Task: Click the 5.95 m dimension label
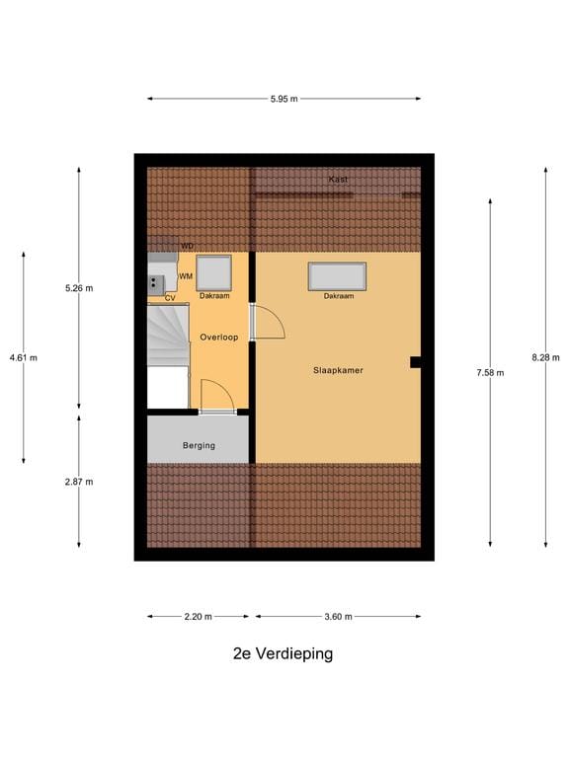coord(284,99)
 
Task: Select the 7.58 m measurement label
coord(490,372)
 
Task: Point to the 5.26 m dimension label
coord(79,288)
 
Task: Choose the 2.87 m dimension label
coord(79,482)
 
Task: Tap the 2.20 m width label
coord(198,617)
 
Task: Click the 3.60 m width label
coord(338,617)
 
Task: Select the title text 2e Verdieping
coord(284,653)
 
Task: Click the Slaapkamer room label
coord(338,370)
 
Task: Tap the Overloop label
coord(218,338)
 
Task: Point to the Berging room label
coord(199,446)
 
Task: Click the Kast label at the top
coord(338,180)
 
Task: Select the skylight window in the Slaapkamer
coord(337,275)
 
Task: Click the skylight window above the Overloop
coord(213,271)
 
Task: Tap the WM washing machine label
coord(186,276)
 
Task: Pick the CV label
coord(170,297)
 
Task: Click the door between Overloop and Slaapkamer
coord(265,323)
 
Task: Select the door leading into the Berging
coord(217,398)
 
